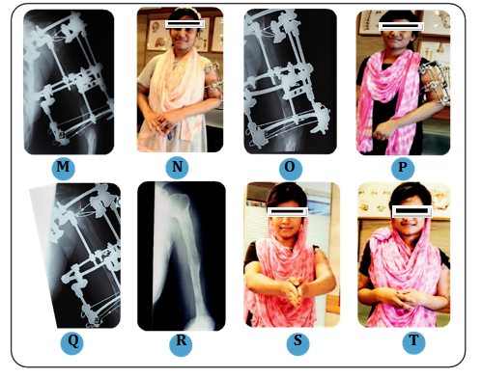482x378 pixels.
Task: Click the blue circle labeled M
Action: coord(63,168)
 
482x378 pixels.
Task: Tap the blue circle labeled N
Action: coord(177,168)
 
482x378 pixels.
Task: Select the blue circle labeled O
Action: coord(291,168)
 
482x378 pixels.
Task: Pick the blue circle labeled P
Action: coord(403,168)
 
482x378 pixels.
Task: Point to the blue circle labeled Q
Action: coord(72,342)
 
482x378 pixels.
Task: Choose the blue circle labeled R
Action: coord(181,344)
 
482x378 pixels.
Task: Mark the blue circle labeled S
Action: coord(298,343)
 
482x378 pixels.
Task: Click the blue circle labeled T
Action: coord(413,342)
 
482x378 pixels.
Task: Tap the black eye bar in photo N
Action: coord(184,24)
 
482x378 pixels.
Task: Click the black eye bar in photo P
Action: coord(401,26)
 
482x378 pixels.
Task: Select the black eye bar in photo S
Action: coord(288,211)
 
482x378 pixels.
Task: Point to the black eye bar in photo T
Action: coord(411,211)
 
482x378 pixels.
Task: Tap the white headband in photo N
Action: coord(184,13)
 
